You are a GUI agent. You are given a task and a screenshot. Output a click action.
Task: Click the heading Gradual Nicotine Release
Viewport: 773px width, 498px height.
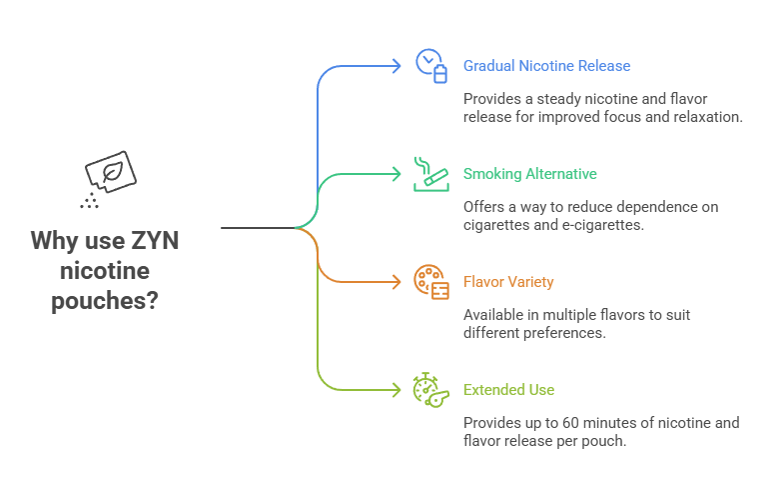546,66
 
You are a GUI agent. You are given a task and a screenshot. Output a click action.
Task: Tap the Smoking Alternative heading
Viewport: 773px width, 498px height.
529,174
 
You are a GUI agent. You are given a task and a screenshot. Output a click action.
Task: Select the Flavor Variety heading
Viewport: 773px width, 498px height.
508,282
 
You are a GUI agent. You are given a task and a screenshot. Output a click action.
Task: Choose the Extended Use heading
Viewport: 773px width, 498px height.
508,390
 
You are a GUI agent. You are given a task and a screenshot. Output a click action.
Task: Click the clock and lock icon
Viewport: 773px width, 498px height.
430,66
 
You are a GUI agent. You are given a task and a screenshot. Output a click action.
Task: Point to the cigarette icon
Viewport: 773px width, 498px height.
430,173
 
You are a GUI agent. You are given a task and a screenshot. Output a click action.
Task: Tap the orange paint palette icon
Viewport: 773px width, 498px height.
430,281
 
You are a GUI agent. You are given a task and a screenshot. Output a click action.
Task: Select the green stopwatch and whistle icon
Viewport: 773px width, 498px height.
430,389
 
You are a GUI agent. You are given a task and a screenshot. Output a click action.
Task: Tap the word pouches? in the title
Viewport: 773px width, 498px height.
105,300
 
